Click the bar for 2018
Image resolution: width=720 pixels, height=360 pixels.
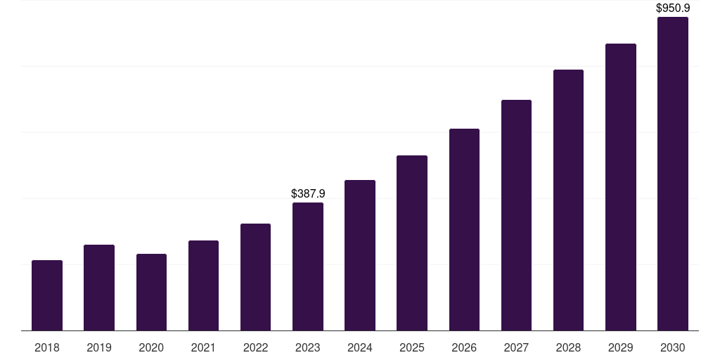(x=47, y=295)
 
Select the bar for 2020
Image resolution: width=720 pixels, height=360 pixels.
(x=151, y=292)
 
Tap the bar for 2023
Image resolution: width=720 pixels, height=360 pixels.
(x=308, y=266)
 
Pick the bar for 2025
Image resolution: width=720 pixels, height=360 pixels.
(x=412, y=243)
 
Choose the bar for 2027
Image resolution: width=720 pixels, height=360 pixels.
(x=516, y=215)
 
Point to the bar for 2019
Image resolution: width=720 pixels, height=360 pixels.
(x=99, y=288)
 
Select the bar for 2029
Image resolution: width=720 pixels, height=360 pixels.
(x=621, y=187)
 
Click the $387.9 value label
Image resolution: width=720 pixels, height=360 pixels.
(x=308, y=193)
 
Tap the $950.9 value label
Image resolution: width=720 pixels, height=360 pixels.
(x=673, y=8)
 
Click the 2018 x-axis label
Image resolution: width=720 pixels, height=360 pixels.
(x=47, y=347)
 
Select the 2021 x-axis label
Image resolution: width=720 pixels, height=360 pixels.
(x=203, y=347)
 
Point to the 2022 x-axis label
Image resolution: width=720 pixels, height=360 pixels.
(x=256, y=347)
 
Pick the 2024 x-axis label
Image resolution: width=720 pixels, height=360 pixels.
(x=360, y=347)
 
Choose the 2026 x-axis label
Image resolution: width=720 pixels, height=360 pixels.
(x=464, y=347)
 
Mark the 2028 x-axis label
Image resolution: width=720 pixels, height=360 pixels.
(x=568, y=347)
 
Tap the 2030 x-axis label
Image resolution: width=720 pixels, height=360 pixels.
(x=673, y=347)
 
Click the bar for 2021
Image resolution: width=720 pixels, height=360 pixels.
(x=203, y=285)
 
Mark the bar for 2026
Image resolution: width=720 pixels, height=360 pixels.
(x=464, y=229)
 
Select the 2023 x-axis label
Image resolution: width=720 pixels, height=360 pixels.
(x=308, y=347)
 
